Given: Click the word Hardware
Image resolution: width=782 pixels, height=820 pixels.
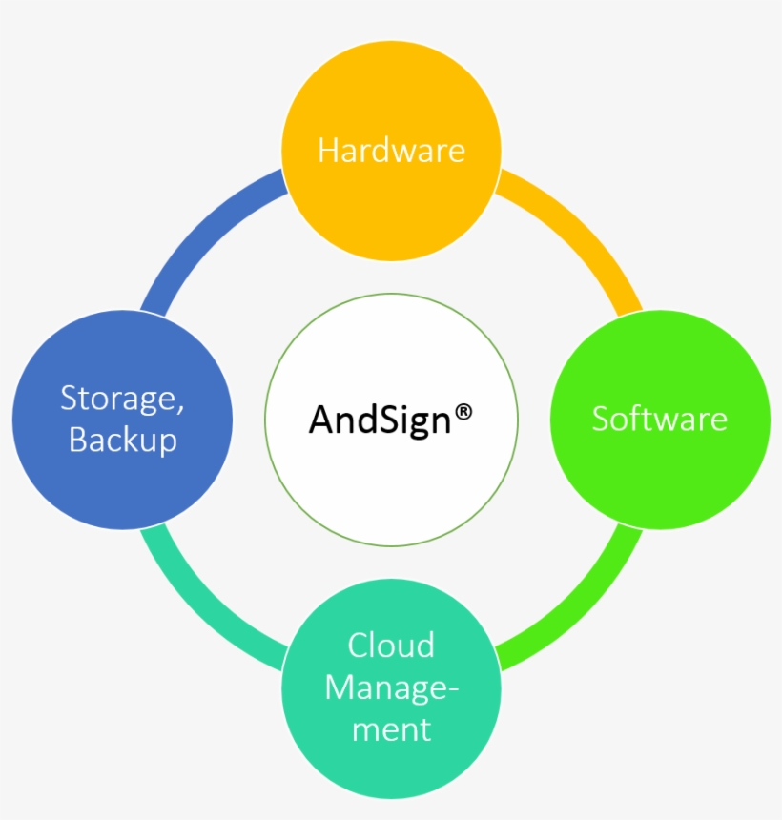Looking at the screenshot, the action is tap(391, 151).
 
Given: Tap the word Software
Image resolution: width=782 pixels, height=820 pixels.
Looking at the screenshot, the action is tap(660, 419).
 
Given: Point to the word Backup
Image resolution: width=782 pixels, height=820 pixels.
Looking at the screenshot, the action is tap(123, 440).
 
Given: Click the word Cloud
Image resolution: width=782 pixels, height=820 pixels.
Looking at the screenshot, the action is tap(391, 645).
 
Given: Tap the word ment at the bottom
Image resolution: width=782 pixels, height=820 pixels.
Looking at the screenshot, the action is tap(391, 729).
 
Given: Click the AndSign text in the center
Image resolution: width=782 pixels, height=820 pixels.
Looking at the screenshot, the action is tap(380, 420).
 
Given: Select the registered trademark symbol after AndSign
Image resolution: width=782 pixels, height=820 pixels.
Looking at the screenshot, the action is tap(463, 413).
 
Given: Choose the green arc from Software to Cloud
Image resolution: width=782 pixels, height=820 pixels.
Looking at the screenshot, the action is tap(582, 609).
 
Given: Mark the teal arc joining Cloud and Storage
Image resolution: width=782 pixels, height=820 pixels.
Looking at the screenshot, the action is tap(201, 609).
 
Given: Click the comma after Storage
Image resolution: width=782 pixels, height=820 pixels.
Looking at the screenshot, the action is tap(180, 409).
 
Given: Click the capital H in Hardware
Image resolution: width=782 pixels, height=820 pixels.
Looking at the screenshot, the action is tap(327, 151).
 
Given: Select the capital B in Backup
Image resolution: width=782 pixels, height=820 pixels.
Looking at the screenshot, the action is tap(77, 439).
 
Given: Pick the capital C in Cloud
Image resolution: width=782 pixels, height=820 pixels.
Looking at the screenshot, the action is tap(358, 645).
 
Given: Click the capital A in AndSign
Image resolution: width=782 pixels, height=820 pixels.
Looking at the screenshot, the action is tap(322, 419).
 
